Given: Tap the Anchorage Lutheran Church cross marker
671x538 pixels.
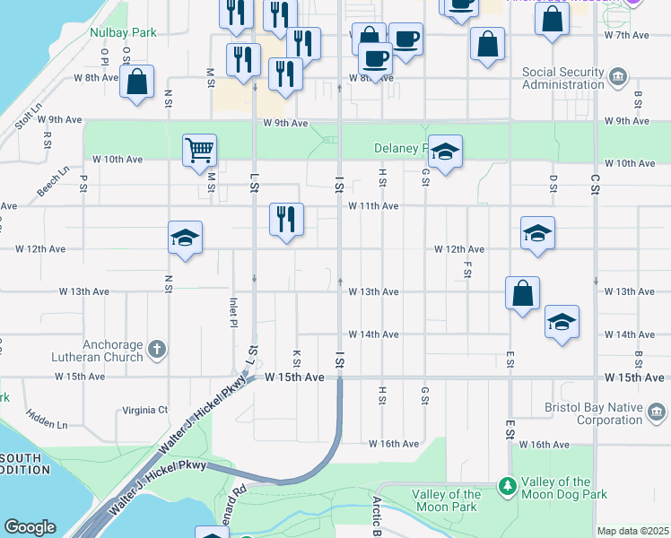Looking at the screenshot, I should click(x=157, y=349).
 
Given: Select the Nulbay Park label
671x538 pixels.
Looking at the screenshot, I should click(x=123, y=32).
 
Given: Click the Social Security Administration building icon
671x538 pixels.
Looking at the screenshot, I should click(x=618, y=78).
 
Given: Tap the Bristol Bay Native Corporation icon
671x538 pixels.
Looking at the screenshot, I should click(x=657, y=413).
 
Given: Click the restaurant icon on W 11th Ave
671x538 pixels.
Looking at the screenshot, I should click(x=287, y=219).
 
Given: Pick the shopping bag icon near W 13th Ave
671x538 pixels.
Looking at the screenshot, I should click(x=522, y=292).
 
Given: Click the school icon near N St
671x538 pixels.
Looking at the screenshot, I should click(x=185, y=237).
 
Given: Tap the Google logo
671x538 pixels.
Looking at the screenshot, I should click(x=30, y=527).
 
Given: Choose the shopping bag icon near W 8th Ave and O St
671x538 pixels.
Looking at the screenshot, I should click(x=137, y=82).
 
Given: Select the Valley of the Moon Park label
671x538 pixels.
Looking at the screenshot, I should click(x=447, y=500).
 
